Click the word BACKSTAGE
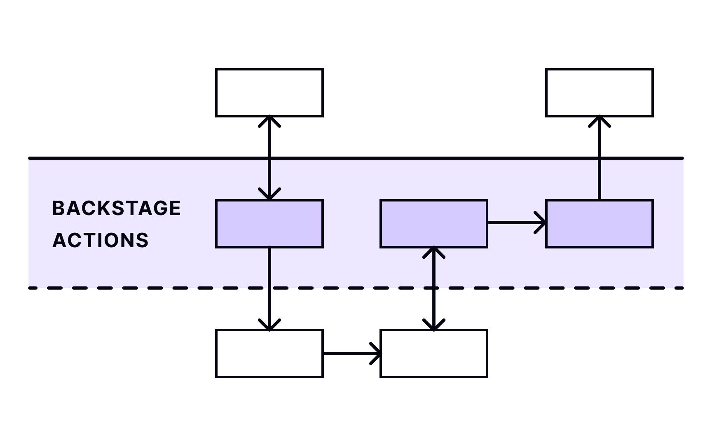(117, 208)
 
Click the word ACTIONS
(100, 240)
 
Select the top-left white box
(269, 93)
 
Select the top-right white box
(599, 93)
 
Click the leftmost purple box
(269, 224)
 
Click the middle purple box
(433, 224)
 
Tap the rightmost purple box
(599, 224)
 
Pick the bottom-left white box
(269, 353)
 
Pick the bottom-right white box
(433, 353)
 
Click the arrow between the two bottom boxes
(350, 353)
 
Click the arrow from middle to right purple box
(515, 222)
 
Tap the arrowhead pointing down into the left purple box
(269, 194)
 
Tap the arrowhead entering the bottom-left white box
(269, 325)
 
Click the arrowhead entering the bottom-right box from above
(434, 325)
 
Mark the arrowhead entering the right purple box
(541, 222)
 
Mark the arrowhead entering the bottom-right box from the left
(376, 353)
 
